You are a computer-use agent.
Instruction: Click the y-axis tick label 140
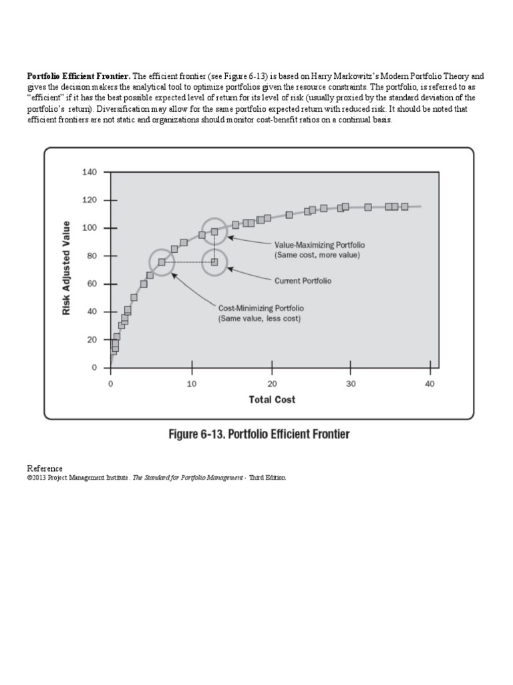pos(90,173)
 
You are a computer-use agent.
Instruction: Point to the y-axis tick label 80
pos(92,256)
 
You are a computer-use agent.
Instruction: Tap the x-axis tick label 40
pos(430,384)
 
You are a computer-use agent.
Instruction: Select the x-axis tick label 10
pos(191,384)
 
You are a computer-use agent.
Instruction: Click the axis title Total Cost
pos(272,399)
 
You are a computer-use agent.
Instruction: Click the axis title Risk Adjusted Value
pos(67,270)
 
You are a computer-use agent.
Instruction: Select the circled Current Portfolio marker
pos(214,262)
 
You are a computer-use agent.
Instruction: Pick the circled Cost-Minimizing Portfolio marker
pos(162,262)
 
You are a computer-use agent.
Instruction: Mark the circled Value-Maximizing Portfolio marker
pos(214,232)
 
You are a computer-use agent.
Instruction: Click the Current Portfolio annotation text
pos(303,281)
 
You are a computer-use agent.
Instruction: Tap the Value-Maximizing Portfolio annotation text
pos(317,246)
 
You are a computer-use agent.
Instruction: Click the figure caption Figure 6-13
pos(258,435)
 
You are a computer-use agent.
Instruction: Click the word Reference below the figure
pos(45,468)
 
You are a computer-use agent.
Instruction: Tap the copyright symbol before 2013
pos(29,478)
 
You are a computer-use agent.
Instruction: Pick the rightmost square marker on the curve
pos(405,207)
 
